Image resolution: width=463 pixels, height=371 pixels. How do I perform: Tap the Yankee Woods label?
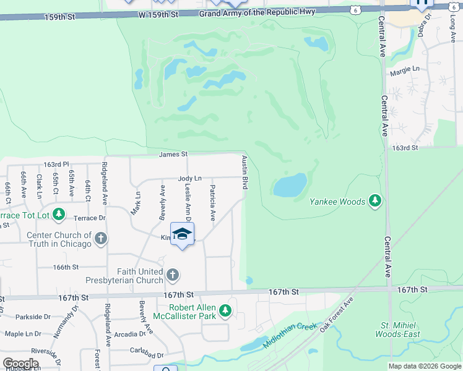[x=338, y=201]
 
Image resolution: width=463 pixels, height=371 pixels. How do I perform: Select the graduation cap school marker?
[x=182, y=234]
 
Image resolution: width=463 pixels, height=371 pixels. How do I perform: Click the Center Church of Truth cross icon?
[x=100, y=238]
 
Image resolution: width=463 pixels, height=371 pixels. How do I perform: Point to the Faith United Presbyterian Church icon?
[x=173, y=274]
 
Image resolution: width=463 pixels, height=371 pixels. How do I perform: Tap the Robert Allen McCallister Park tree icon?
[x=226, y=310]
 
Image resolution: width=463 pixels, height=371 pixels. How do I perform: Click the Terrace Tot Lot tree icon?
[x=59, y=215]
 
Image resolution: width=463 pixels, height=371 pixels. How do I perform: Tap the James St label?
[x=173, y=154]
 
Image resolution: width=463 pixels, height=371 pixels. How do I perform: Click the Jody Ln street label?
[x=190, y=178]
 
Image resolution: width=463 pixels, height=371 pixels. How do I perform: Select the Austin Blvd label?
[x=245, y=173]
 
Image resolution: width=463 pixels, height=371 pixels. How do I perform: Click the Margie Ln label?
[x=405, y=71]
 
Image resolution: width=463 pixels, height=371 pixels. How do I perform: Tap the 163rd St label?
[x=405, y=148]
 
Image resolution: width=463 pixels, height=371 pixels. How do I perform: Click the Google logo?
[x=20, y=363]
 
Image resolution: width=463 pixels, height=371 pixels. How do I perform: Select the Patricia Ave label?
[x=213, y=202]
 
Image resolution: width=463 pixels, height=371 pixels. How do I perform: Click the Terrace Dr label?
[x=90, y=218]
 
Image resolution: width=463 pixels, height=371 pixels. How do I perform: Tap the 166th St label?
[x=66, y=267]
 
